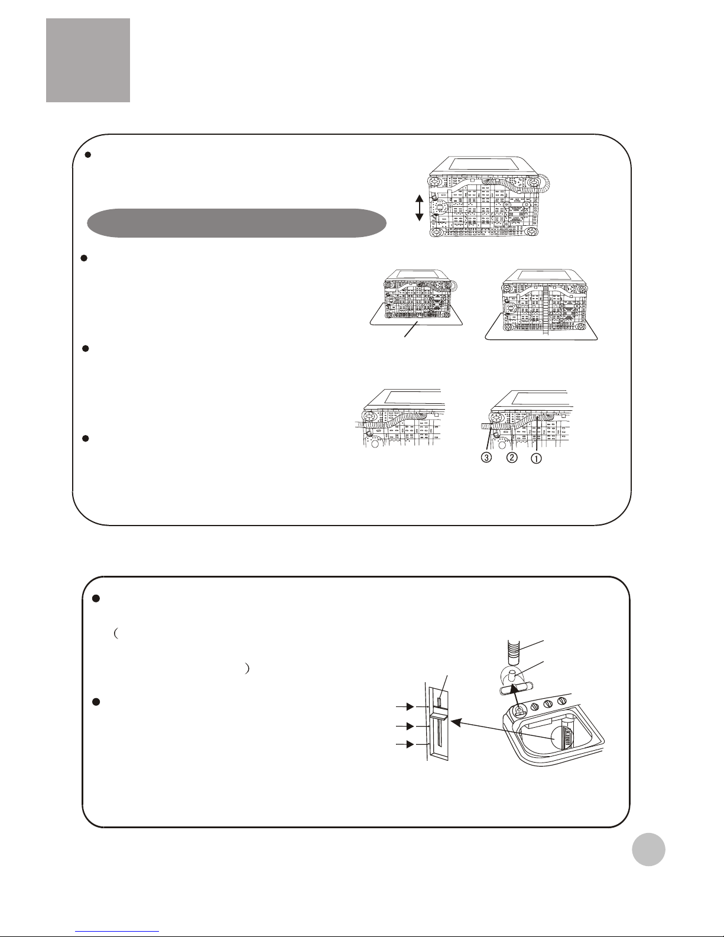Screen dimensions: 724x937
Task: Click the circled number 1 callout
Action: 535,458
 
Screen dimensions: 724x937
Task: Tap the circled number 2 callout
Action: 512,457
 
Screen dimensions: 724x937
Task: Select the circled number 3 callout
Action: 486,458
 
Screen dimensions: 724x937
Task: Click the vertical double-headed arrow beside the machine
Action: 419,208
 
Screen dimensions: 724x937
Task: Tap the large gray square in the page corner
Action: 88,60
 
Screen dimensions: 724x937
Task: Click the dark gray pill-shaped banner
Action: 236,223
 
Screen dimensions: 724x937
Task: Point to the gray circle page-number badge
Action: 648,849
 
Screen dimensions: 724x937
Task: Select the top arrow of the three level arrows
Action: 405,706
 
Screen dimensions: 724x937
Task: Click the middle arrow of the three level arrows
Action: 405,726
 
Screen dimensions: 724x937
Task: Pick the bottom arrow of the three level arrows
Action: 405,744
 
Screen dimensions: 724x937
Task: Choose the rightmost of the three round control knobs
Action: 561,701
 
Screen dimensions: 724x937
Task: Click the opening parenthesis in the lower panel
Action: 116,633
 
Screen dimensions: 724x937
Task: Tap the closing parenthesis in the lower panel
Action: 247,669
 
